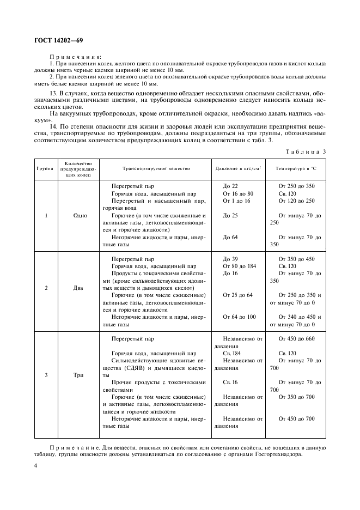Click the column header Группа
(x=45, y=168)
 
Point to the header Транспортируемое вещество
(x=156, y=168)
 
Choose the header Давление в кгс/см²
(x=239, y=168)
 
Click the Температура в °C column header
(x=297, y=168)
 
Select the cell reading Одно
(x=80, y=215)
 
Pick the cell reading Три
(x=80, y=375)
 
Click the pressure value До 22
(x=231, y=186)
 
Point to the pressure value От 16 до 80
(x=238, y=193)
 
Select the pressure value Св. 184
(x=232, y=353)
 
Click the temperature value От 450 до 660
(x=296, y=338)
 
